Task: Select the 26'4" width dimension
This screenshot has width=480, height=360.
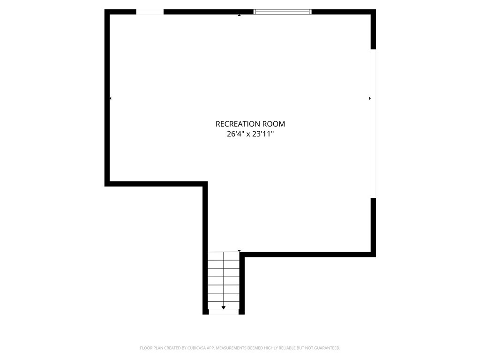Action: pyautogui.click(x=236, y=134)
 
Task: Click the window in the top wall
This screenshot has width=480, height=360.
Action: pyautogui.click(x=282, y=12)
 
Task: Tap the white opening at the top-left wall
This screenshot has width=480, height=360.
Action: pyautogui.click(x=150, y=12)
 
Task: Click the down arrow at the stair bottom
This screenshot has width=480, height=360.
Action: pyautogui.click(x=224, y=307)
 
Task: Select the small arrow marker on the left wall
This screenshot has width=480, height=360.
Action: pyautogui.click(x=110, y=98)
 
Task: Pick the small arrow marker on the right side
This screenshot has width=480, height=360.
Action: pyautogui.click(x=370, y=98)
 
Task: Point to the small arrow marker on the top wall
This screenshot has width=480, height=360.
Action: pyautogui.click(x=239, y=15)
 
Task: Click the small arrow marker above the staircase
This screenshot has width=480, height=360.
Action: pyautogui.click(x=239, y=252)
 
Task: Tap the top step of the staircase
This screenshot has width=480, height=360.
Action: pyautogui.click(x=224, y=256)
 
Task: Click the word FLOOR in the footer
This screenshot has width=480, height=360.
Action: pyautogui.click(x=146, y=348)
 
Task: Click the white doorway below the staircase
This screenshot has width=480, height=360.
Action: pyautogui.click(x=224, y=312)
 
